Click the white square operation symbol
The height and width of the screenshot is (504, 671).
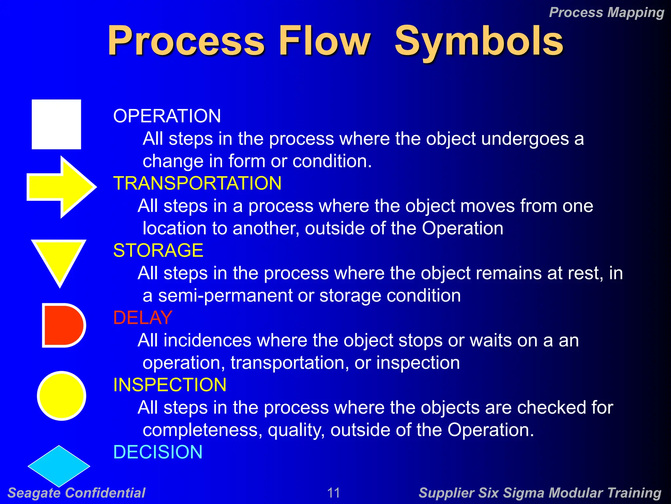pos(56,124)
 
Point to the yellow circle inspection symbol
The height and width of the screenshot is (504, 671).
pos(62,395)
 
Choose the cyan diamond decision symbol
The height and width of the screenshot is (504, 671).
pos(59,466)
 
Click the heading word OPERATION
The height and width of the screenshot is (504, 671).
pos(167,116)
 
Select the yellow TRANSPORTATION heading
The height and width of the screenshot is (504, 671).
pos(197,183)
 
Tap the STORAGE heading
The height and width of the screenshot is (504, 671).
pos(158,250)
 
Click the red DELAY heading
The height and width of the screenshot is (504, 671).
pos(143,318)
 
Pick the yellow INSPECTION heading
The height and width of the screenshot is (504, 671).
pos(170,385)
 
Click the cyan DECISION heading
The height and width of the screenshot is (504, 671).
pos(158,452)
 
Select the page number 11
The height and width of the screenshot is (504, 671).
pos(334,493)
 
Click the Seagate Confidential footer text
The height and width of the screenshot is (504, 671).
pos(76,493)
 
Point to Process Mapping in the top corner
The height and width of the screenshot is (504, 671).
pos(606,12)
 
